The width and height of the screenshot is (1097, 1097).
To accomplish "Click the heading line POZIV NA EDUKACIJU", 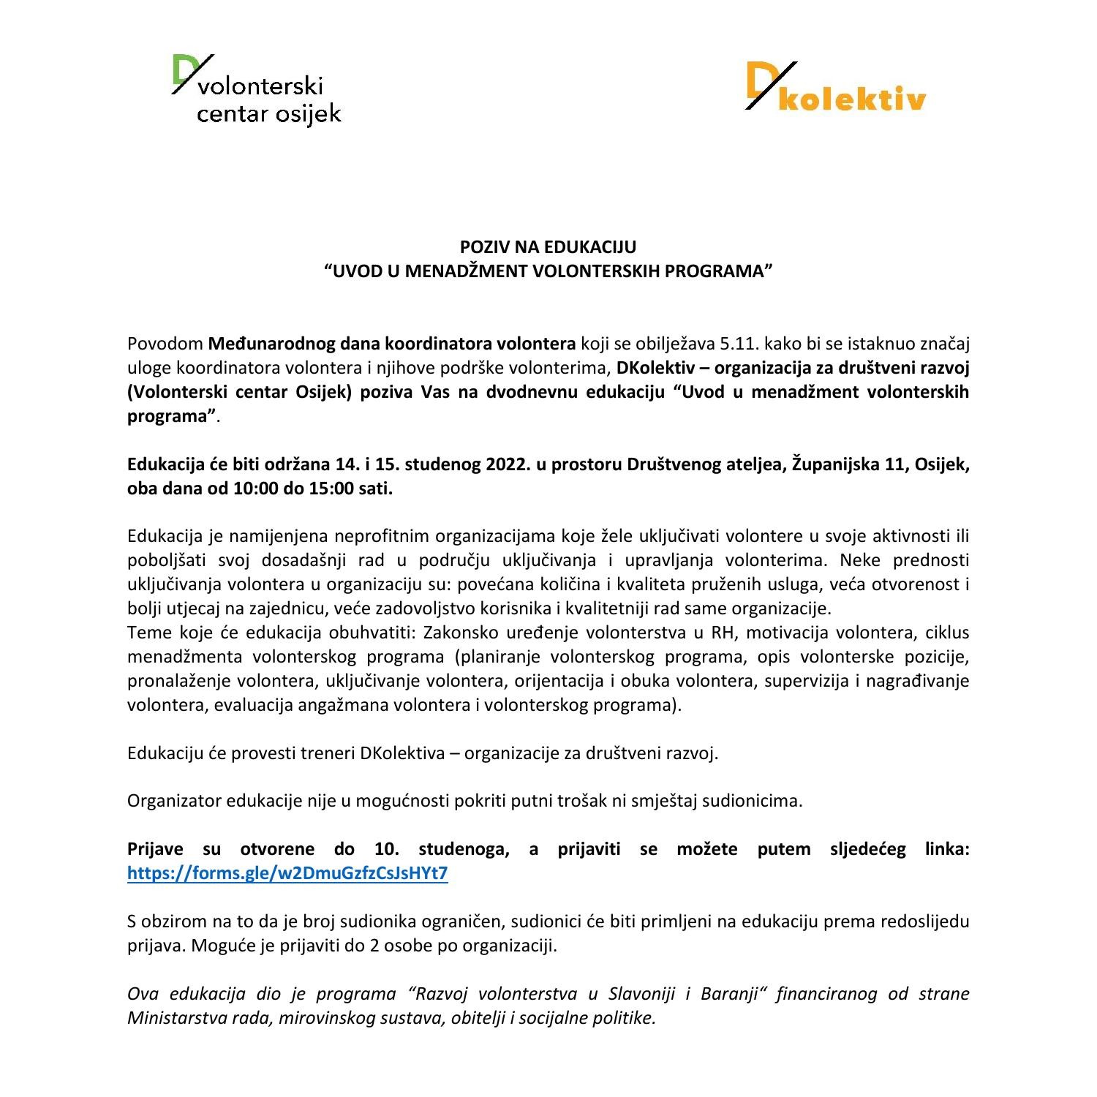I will (548, 247).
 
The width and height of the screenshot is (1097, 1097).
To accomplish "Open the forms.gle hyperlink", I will (287, 873).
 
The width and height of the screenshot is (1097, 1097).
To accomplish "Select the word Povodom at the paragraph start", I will (165, 344).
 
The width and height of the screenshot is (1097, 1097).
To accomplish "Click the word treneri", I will (328, 753).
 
